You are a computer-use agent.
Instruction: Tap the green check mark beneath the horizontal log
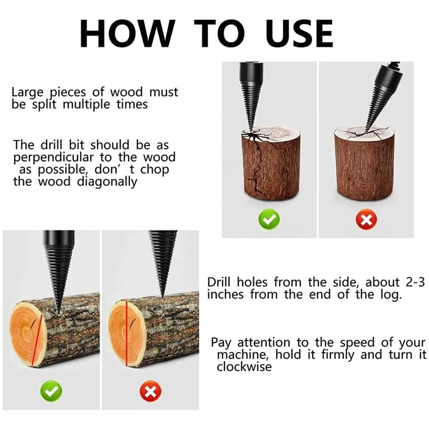(51, 391)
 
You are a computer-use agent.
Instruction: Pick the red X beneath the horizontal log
(150, 391)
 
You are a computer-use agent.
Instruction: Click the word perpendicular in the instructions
(55, 157)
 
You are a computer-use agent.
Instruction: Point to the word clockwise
(244, 367)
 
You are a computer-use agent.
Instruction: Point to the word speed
(360, 343)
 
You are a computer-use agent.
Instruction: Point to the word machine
(244, 355)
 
